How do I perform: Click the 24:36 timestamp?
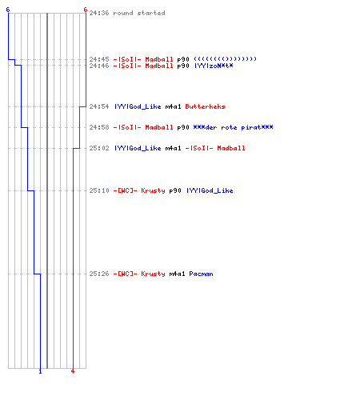[99, 13]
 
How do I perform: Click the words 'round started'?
[139, 13]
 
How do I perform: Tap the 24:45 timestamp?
[99, 59]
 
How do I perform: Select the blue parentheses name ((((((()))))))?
[225, 59]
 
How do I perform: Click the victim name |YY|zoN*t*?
[214, 66]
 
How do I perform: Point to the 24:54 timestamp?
[99, 106]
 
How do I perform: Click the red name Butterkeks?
[205, 106]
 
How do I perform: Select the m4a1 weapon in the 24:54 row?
[173, 106]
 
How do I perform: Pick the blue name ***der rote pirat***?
[233, 127]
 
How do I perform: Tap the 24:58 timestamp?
[99, 127]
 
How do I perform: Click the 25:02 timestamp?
[99, 148]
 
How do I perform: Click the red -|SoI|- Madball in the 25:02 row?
[215, 148]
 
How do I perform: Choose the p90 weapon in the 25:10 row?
[175, 190]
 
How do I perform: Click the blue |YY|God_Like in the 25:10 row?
[210, 190]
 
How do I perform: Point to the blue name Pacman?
[201, 274]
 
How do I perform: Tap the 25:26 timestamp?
[99, 274]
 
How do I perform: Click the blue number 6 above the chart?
[8, 10]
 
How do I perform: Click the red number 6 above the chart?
[86, 10]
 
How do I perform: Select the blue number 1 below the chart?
[40, 371]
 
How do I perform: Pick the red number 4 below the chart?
[73, 371]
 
